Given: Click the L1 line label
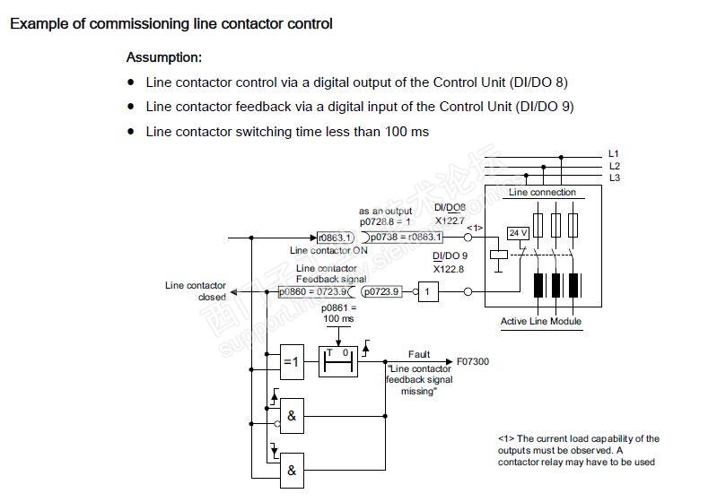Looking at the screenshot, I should pyautogui.click(x=614, y=153).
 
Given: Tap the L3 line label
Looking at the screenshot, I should pyautogui.click(x=614, y=177).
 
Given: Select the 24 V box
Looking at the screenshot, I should pyautogui.click(x=518, y=233).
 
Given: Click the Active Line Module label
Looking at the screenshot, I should pyautogui.click(x=540, y=321).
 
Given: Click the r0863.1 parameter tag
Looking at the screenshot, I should pyautogui.click(x=336, y=238).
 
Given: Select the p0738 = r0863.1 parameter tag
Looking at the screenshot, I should pyautogui.click(x=406, y=238).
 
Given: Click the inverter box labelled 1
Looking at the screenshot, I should pyautogui.click(x=429, y=292).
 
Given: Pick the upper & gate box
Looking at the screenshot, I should pyautogui.click(x=293, y=415).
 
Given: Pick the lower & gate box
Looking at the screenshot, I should pyautogui.click(x=293, y=468).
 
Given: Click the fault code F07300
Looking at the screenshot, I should pyautogui.click(x=473, y=361).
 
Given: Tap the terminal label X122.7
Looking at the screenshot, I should pyautogui.click(x=450, y=220).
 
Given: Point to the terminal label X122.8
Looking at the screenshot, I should pyautogui.click(x=450, y=269).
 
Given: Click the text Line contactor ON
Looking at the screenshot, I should pyautogui.click(x=328, y=251).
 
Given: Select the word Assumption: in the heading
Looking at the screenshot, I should pyautogui.click(x=163, y=57).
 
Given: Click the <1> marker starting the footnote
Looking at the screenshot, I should pyautogui.click(x=505, y=439).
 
